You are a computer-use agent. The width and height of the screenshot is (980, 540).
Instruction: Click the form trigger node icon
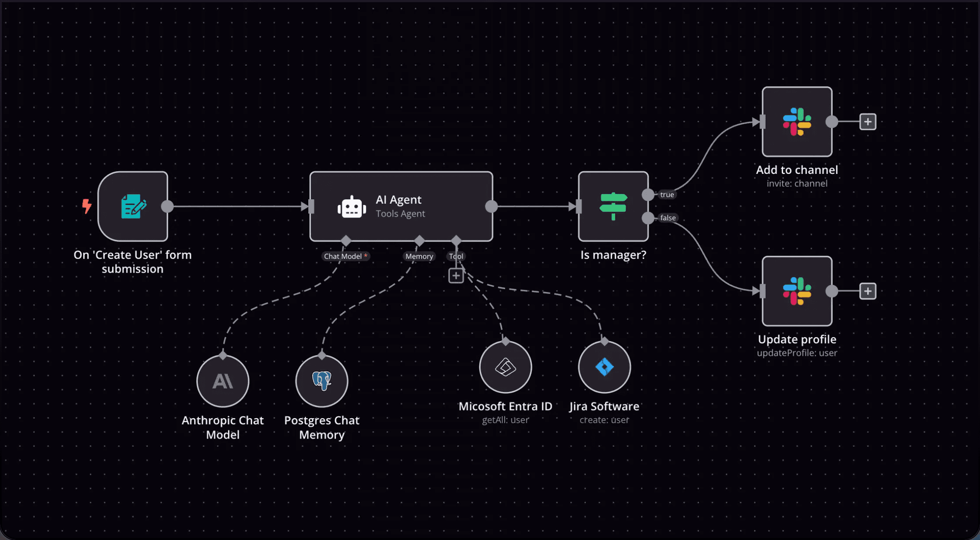[x=133, y=206]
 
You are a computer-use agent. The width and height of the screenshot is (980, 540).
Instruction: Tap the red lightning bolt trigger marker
[x=87, y=206]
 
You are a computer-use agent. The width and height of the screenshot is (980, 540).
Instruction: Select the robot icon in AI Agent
[x=352, y=207]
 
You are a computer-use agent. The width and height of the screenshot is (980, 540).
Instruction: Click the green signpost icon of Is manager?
[x=613, y=206]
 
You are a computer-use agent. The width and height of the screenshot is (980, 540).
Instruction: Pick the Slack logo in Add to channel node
[x=797, y=122]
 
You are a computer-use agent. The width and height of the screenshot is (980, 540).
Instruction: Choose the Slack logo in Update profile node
[x=797, y=291]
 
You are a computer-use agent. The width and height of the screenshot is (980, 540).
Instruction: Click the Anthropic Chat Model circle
[x=223, y=381]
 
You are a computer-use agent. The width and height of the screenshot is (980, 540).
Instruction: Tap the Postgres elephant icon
[x=322, y=380]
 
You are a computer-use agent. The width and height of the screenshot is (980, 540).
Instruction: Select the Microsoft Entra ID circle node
[x=505, y=367]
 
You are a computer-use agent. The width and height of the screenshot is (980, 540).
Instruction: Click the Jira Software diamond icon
[x=604, y=367]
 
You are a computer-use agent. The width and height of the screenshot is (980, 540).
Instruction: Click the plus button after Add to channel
[x=868, y=122]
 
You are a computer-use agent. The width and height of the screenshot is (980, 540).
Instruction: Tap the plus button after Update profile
[x=868, y=291]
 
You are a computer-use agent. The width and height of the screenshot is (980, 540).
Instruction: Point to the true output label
[x=667, y=195]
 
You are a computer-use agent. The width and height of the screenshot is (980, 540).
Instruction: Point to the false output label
[x=668, y=218]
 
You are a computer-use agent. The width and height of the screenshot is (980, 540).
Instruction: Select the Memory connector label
[x=419, y=256]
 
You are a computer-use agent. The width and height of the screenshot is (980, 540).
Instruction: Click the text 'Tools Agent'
[x=400, y=214]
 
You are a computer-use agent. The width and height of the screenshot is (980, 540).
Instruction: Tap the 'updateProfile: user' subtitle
[x=797, y=353]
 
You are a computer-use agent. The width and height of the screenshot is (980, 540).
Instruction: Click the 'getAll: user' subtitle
[x=505, y=420]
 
